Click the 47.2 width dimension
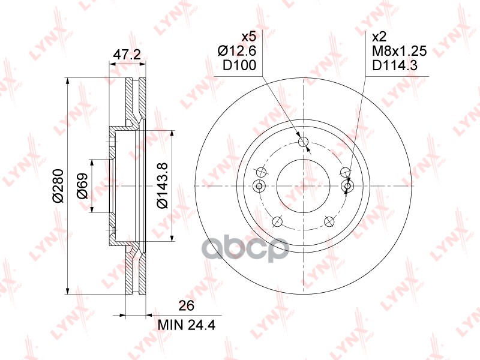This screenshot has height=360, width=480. tap(127, 55)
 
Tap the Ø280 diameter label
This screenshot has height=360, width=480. tap(58, 187)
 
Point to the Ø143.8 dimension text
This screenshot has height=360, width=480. tap(161, 187)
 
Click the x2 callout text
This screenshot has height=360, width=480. tap(379, 37)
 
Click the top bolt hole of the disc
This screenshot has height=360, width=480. tap(304, 142)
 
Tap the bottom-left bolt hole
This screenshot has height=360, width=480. tap(277, 222)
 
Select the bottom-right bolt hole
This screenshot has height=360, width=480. tap(329, 222)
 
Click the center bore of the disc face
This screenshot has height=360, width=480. tap(304, 187)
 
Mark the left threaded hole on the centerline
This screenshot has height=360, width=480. tap(260, 187)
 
